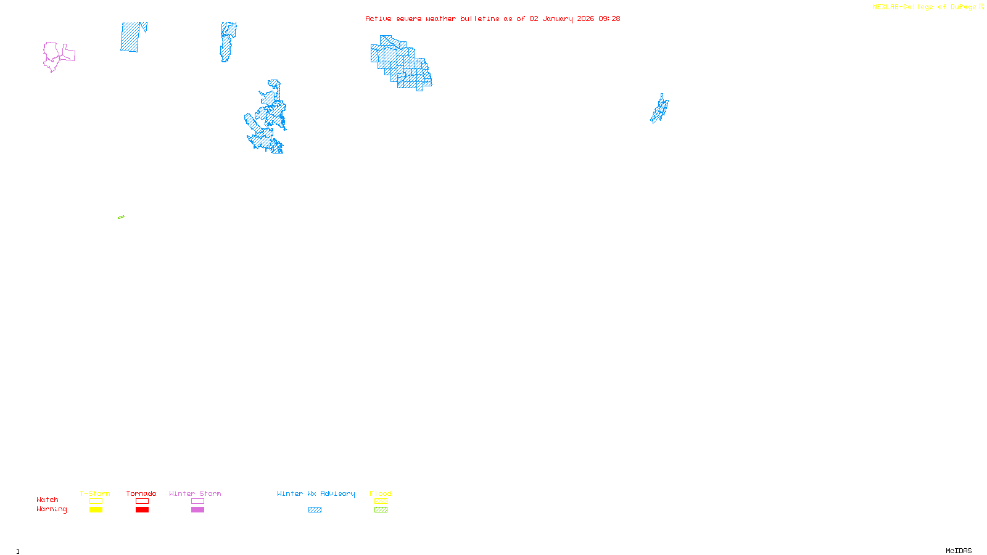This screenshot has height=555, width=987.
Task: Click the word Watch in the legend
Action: [x=47, y=499]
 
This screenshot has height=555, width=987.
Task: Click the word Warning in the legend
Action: [x=51, y=509]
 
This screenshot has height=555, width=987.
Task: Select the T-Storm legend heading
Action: [x=95, y=493]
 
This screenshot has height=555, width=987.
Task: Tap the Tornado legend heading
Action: [x=141, y=493]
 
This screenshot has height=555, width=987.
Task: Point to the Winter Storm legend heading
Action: [x=195, y=493]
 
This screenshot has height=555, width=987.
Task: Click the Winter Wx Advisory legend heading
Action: [x=316, y=493]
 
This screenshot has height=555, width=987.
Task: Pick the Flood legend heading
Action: [x=381, y=493]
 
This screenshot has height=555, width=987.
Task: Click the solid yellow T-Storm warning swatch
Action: [x=96, y=510]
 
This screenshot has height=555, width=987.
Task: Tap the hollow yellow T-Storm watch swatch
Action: [x=96, y=501]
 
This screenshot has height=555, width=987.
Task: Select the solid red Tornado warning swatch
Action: [x=142, y=510]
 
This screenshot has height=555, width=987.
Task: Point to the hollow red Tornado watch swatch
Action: [x=142, y=501]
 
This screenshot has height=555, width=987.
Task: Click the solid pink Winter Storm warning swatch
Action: [x=197, y=510]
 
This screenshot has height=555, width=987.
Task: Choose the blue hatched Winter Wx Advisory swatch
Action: [x=315, y=510]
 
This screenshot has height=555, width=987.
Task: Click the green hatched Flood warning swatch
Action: [x=381, y=510]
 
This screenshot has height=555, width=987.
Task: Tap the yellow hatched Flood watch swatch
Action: [x=381, y=501]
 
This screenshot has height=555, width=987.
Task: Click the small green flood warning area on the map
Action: [x=121, y=217]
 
